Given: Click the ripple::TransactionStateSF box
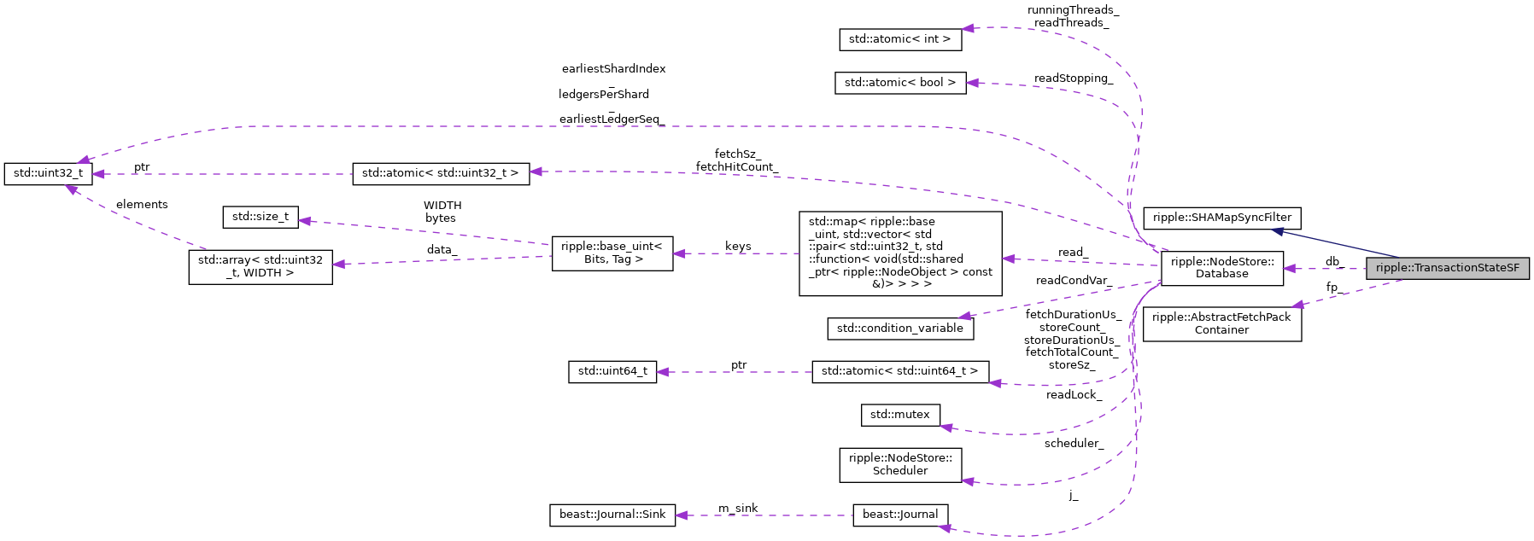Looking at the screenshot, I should (x=1447, y=268).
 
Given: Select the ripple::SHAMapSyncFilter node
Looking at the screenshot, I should (x=1221, y=218).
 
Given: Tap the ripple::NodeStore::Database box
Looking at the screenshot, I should (x=1221, y=268).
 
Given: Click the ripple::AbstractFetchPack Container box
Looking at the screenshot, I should (x=1221, y=323).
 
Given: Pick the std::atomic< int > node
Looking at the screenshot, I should (x=899, y=39).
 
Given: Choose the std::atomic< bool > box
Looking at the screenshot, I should (x=899, y=83).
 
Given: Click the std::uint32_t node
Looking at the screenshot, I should (x=48, y=173).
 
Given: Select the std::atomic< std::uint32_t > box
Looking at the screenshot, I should (x=440, y=173).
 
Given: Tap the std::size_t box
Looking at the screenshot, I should (x=261, y=217).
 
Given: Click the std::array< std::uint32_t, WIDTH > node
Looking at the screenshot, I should (x=261, y=266).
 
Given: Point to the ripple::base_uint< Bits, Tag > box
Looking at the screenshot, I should (x=612, y=253).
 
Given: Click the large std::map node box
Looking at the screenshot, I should (x=899, y=253).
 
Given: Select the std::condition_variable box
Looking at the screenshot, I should (x=899, y=329).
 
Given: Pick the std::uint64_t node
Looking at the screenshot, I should (x=612, y=371).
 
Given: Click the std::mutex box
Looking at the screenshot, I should (x=899, y=415).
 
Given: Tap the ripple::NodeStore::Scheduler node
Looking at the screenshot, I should (x=899, y=464).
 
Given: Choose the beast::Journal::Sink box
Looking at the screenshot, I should (x=612, y=515).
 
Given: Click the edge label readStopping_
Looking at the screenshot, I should (x=1073, y=79).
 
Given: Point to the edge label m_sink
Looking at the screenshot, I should (x=738, y=509).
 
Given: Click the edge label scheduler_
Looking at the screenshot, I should (x=1074, y=444).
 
